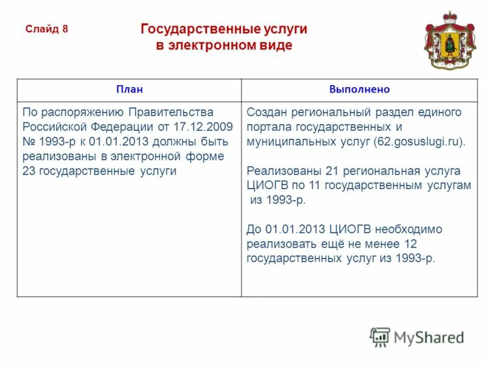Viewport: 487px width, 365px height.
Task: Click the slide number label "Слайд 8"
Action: pos(46,29)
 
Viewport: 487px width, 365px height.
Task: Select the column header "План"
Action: pos(129,89)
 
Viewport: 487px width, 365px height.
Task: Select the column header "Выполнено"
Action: pos(359,89)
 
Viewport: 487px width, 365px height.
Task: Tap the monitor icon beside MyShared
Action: pos(380,336)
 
